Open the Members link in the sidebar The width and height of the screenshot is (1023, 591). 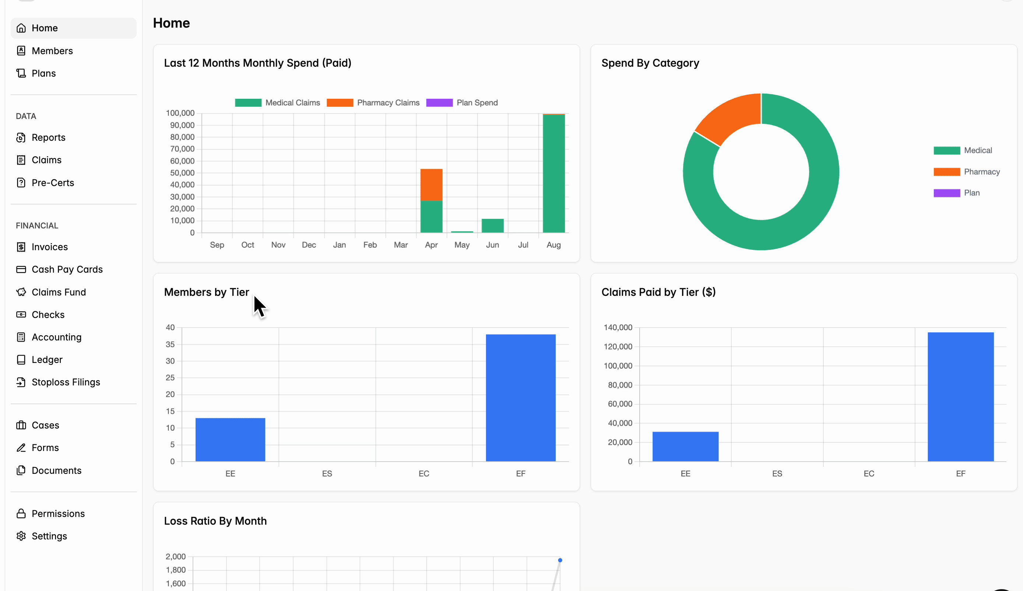tap(52, 51)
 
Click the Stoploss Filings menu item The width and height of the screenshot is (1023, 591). tap(66, 382)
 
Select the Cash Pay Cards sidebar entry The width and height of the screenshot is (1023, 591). tap(67, 269)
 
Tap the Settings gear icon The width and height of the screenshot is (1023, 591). tap(21, 536)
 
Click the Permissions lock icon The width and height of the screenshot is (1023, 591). tap(21, 514)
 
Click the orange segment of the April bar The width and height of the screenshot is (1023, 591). tap(431, 185)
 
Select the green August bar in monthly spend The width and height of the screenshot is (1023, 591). tap(554, 174)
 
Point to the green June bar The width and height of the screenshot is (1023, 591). tap(492, 226)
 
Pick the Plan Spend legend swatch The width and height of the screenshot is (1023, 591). tap(439, 103)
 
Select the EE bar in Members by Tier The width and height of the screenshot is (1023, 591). tap(231, 440)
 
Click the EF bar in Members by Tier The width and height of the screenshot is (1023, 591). tap(521, 398)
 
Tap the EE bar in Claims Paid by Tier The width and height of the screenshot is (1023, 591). tap(686, 447)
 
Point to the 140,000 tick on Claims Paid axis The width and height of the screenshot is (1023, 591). tap(618, 327)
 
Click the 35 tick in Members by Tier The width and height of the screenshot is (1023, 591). tap(170, 344)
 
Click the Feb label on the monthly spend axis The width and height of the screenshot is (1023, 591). tap(370, 245)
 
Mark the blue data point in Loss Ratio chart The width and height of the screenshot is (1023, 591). tap(560, 560)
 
